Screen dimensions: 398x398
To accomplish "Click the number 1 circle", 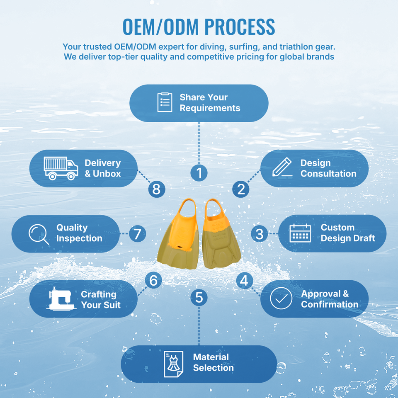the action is pos(199,173).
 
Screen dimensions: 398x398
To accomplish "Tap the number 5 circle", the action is pos(199,298).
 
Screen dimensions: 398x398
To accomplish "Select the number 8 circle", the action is pos(157,189).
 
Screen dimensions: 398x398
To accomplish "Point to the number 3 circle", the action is pos(259,234).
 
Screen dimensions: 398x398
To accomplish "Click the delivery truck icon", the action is pos(61,168).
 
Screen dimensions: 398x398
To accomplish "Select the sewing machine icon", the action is pos(61,299).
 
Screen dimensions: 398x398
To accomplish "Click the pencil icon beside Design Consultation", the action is pos(282,167).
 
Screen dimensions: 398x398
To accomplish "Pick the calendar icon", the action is pos(300,233).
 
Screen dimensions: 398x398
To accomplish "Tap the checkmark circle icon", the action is pos(281,298).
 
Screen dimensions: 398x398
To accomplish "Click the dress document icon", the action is pos(173,364).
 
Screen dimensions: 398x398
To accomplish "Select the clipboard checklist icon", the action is pos(165,102).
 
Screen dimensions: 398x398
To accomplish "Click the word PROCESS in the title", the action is pos(240,27).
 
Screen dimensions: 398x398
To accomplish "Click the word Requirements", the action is pos(210,108).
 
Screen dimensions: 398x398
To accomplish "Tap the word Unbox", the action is pos(107,174).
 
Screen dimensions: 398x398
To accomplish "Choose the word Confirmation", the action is pos(330,304).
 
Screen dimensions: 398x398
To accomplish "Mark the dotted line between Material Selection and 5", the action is pos(199,326).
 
